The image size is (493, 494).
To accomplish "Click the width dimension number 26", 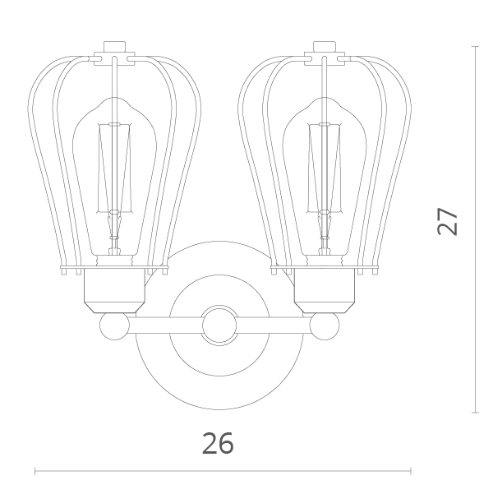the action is tap(218, 443).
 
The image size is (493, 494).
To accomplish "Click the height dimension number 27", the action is tap(448, 221).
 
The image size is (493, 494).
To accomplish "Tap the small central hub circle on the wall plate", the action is tap(219, 325).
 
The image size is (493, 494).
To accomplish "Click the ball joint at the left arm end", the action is tap(114, 325).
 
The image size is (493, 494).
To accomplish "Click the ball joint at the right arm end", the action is tap(325, 325).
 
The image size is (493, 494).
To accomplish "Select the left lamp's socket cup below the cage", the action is tap(114, 290).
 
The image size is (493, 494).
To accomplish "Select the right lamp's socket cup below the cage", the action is tap(325, 290).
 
